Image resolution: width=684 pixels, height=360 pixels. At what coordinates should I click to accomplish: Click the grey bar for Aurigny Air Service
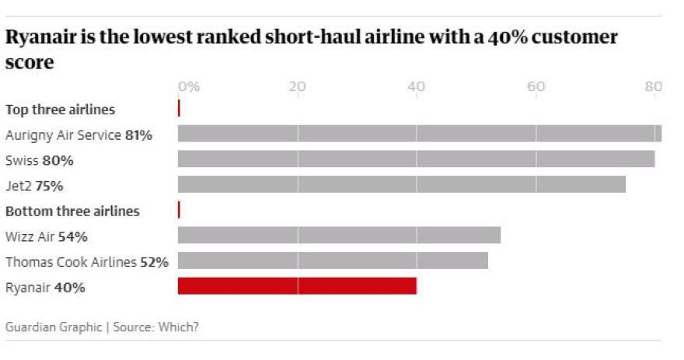(x=420, y=134)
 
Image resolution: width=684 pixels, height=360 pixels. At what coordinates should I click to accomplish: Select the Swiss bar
(x=416, y=159)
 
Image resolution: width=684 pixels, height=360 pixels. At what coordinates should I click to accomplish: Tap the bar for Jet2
(x=401, y=184)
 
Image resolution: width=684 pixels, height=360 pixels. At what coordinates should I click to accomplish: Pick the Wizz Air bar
(x=339, y=236)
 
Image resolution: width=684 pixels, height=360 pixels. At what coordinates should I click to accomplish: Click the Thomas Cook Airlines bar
(x=333, y=260)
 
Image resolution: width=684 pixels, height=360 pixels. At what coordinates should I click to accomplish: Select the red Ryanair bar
(x=297, y=286)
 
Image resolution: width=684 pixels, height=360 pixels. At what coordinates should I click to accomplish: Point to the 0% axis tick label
(x=189, y=86)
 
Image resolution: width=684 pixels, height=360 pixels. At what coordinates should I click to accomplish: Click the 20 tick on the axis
(x=297, y=86)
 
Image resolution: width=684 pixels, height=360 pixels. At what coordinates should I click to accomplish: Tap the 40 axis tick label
(x=416, y=86)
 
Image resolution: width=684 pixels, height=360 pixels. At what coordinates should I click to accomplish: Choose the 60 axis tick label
(x=536, y=86)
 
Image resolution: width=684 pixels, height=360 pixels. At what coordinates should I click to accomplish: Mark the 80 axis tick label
(x=653, y=86)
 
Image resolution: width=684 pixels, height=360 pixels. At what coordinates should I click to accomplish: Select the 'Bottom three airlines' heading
(x=72, y=211)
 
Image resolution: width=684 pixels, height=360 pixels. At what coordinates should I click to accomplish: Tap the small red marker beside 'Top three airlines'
(x=179, y=108)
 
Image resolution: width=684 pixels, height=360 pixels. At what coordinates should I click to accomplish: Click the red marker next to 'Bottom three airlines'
(x=179, y=210)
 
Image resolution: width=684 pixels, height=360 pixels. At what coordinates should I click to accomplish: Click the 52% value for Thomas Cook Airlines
(x=154, y=262)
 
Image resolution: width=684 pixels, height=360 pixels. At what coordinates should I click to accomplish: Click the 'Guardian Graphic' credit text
(x=53, y=327)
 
